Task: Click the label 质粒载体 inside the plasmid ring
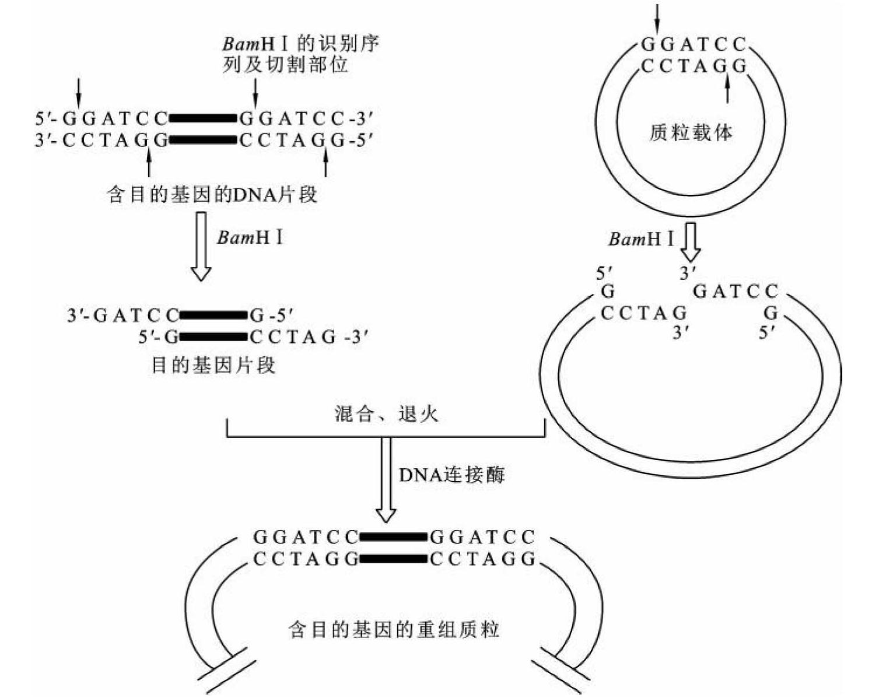coord(691,133)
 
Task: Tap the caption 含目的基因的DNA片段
coord(212,194)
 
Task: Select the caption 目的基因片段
coord(213,366)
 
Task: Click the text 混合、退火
coord(386,414)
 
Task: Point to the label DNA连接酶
coord(452,475)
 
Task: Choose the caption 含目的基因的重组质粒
coord(394,630)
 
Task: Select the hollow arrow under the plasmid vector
coord(691,240)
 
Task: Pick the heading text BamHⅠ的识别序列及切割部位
coord(300,54)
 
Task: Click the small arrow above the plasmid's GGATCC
coord(657,19)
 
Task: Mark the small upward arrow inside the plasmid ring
coord(727,90)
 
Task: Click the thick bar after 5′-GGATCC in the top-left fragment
coord(203,119)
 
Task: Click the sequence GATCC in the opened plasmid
coord(735,291)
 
